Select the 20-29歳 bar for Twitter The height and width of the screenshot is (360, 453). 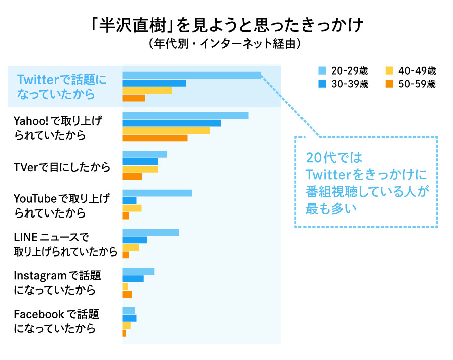coord(192,76)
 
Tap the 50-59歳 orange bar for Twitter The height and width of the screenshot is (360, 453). coord(134,98)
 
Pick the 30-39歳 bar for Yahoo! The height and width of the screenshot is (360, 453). coord(172,123)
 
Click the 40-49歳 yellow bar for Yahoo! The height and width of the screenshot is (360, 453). coord(166,130)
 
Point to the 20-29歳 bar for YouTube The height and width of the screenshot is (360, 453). coord(157,193)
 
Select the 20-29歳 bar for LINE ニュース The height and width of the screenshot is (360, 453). coord(150,232)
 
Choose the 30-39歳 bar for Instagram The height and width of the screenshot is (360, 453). coord(133,279)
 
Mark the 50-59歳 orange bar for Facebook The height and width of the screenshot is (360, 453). coord(124,333)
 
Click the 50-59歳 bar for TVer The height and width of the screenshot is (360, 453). coord(132,177)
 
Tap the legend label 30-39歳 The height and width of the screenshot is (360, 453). coord(350,84)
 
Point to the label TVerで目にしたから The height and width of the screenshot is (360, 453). coord(62,168)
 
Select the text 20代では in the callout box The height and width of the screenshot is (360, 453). coord(334,157)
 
